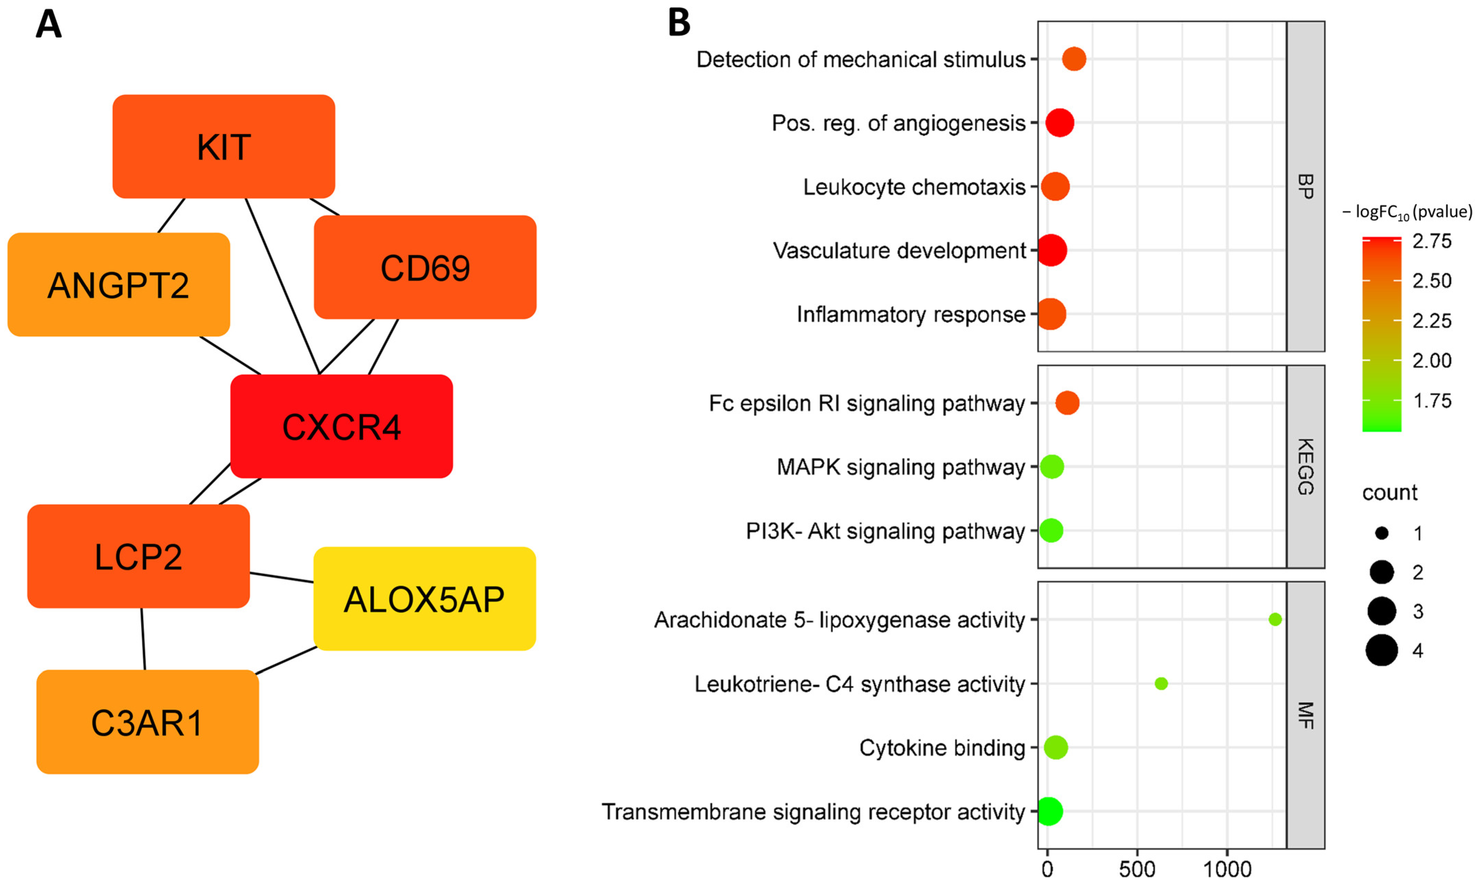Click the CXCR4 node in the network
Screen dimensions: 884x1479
click(341, 427)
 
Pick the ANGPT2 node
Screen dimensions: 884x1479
click(118, 285)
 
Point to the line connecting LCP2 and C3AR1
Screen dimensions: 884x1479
click(143, 639)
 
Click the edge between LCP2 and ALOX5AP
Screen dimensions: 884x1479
click(282, 578)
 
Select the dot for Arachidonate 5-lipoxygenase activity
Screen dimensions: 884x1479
click(1275, 620)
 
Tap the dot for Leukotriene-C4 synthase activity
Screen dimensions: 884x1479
click(1161, 683)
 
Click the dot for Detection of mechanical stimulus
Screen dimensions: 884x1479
click(1074, 59)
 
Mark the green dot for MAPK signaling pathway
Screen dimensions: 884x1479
click(1052, 466)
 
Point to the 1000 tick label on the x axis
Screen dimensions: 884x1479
click(1227, 870)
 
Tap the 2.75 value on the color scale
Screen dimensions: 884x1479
click(1432, 241)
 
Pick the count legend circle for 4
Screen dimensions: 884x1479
click(1382, 650)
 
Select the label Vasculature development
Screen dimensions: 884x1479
click(900, 250)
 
